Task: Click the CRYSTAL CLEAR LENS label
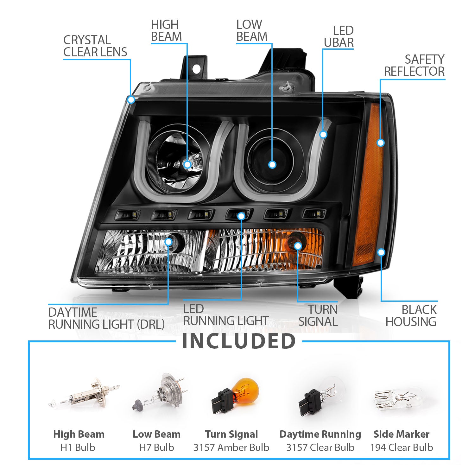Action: point(95,46)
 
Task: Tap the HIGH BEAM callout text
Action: point(166,30)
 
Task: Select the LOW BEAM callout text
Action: point(252,30)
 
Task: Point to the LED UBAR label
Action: point(339,36)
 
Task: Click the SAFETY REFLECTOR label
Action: point(414,65)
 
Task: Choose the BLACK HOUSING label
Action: point(411,316)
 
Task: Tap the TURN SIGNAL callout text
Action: point(318,315)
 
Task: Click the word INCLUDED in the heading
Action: point(239,341)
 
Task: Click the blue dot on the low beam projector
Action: point(272,165)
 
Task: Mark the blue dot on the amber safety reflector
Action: point(381,143)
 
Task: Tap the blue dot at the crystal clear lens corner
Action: point(131,100)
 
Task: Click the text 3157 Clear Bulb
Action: point(320,447)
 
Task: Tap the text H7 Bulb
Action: point(156,447)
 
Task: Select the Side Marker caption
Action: point(402,434)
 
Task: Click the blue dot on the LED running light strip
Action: point(241,216)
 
